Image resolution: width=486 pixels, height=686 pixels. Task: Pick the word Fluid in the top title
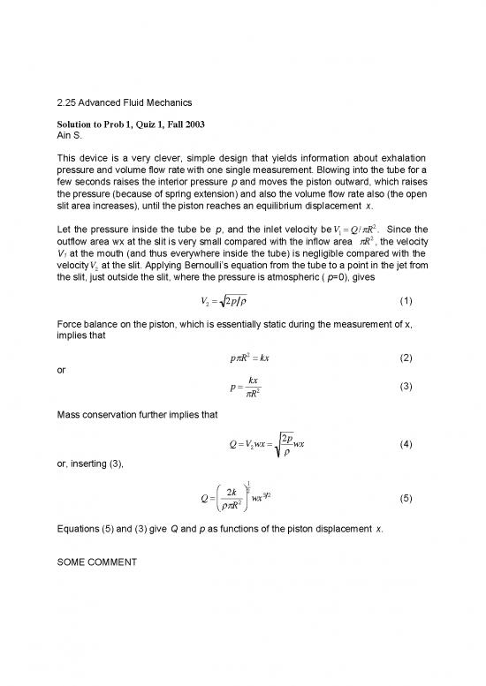coord(146,103)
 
